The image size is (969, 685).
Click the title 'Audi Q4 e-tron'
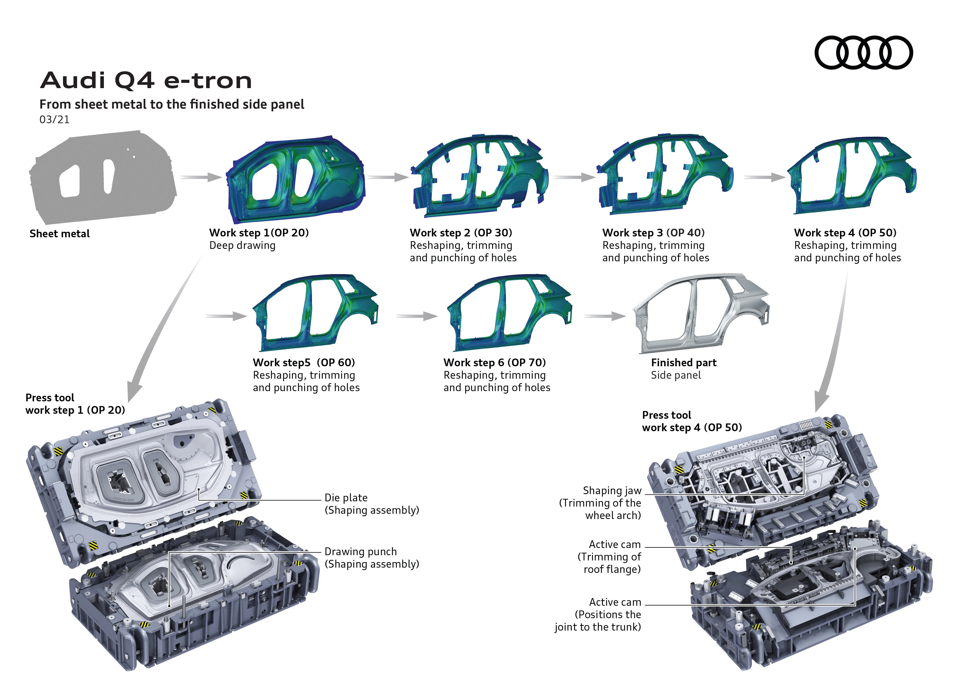click(146, 80)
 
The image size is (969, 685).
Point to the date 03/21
click(54, 120)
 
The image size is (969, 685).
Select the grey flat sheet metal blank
click(103, 177)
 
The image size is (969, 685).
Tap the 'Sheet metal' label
click(59, 234)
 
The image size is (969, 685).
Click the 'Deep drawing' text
click(242, 246)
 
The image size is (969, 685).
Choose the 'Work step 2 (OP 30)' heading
click(461, 233)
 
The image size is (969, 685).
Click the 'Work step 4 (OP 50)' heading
click(845, 233)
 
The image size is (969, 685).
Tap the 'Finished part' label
click(684, 363)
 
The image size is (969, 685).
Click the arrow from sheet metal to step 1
click(201, 177)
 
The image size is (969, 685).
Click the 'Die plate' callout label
click(346, 498)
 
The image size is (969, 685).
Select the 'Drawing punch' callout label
click(360, 552)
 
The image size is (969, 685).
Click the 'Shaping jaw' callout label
click(612, 491)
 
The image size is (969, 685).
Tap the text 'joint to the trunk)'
click(598, 627)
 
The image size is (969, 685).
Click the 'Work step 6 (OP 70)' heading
click(495, 363)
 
